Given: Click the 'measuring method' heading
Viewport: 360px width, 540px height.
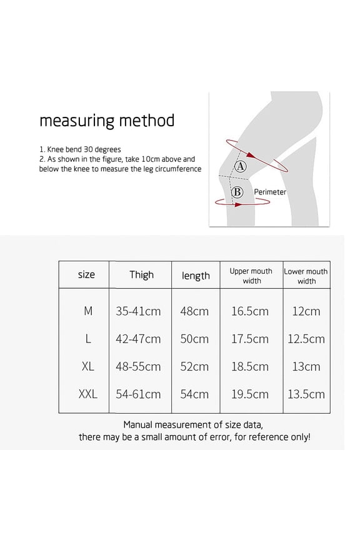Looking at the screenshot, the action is [107, 120].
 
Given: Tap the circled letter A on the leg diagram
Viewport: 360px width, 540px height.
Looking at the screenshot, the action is [241, 166].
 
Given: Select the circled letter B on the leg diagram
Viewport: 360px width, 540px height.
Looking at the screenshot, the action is [237, 192].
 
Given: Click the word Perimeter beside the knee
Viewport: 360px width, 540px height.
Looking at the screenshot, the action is [270, 192].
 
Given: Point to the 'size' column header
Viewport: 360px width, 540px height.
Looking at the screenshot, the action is [86, 274].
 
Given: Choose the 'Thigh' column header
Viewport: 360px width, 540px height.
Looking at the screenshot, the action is [141, 274].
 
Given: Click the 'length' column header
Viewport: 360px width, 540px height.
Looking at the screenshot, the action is [196, 276].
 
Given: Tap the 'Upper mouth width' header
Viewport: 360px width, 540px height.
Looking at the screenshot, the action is [251, 276].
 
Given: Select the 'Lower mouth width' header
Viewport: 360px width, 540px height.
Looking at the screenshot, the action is [306, 276].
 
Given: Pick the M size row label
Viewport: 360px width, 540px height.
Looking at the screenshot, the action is [87, 311].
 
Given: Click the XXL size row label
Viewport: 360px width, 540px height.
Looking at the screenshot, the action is [87, 394].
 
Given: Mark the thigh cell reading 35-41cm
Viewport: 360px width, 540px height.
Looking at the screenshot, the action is [138, 311].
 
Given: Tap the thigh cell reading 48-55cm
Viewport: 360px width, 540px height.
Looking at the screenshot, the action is [138, 366].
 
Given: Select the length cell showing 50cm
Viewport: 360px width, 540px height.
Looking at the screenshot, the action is [194, 339].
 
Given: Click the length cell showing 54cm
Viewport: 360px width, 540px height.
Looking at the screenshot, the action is [194, 394].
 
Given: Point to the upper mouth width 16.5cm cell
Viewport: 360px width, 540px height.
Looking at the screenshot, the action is [250, 311].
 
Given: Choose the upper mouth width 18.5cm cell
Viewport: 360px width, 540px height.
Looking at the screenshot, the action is [250, 366].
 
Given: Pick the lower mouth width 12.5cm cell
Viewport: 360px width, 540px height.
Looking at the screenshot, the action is [306, 339].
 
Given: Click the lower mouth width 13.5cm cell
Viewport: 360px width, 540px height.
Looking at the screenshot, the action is [306, 394].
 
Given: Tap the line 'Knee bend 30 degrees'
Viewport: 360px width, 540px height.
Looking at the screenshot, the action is [79, 149].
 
